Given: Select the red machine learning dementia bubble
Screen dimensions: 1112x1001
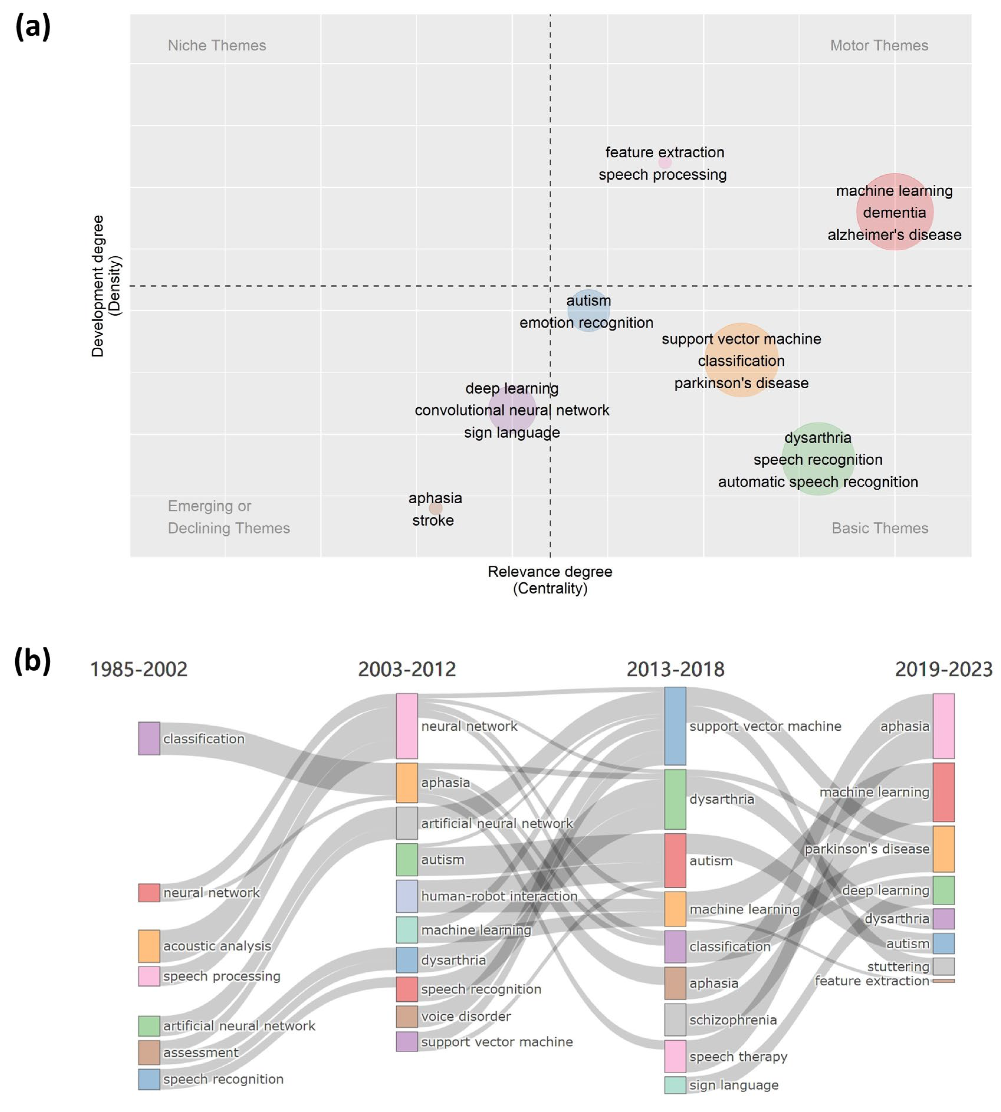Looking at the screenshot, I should point(895,212).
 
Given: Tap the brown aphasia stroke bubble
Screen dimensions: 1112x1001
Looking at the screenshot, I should point(435,509).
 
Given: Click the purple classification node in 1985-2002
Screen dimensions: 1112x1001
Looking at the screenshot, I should point(149,739).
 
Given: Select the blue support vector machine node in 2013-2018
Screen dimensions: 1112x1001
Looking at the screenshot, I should point(675,726).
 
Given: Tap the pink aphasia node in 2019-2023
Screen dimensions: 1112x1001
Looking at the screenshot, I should point(944,726).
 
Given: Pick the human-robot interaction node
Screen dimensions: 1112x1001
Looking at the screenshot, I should point(407,896).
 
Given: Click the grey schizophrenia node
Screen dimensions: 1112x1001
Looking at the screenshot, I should point(675,1020).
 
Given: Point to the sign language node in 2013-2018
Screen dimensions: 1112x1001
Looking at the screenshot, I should point(675,1085).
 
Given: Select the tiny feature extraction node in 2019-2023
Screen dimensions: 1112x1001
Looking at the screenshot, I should point(944,980).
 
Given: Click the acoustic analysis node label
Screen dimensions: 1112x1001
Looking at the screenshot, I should point(217,946).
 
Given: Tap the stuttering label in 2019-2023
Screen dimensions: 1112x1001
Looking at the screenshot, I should point(898,966).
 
